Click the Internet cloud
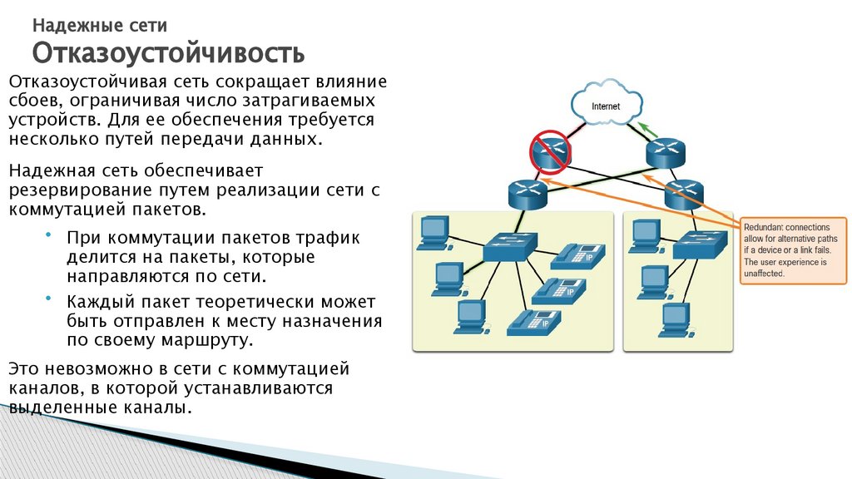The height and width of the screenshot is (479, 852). tap(606, 105)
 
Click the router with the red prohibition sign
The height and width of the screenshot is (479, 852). tap(550, 151)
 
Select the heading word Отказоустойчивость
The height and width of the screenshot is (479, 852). tap(168, 54)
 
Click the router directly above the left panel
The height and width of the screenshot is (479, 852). tap(528, 193)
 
